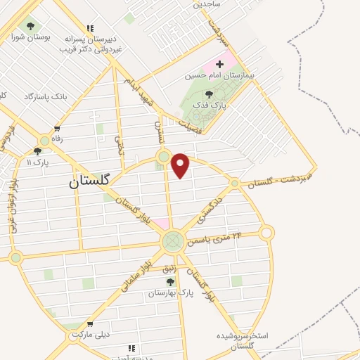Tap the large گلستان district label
[90, 180]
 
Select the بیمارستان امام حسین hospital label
[220, 74]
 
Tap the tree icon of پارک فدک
[208, 94]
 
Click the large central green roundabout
[172, 242]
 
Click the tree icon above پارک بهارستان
[170, 282]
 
